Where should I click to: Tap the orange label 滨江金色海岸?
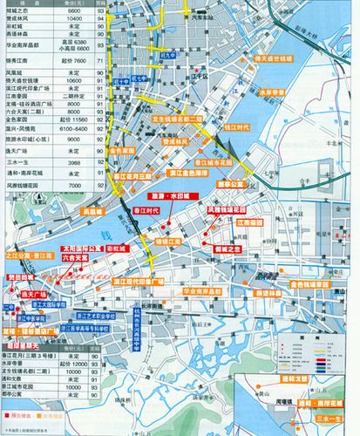(187, 173)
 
